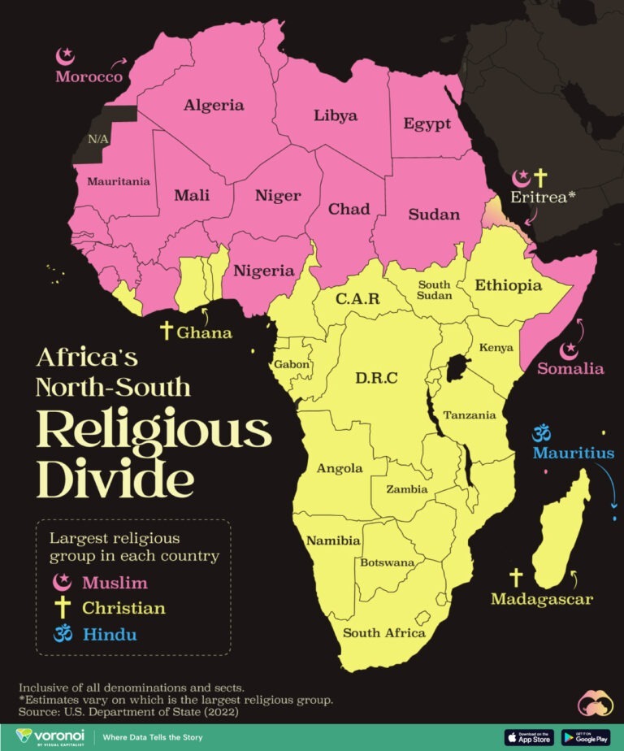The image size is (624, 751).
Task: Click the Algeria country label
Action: coord(214,105)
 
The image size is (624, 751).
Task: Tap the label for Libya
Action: coord(335,115)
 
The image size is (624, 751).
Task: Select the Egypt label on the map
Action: coord(427,124)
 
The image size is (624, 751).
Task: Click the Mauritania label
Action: coord(119,181)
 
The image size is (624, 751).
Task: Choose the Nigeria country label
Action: coord(263,271)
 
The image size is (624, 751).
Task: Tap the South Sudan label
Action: coord(434,289)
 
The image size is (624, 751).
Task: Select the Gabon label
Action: coord(292,364)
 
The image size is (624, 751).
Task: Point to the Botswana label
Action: coord(388,562)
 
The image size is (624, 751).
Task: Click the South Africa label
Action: coord(383,632)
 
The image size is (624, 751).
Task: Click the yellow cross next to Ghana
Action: coord(167,330)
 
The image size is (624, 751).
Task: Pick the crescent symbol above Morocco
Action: coord(65,57)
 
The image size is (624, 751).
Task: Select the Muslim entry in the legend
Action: coord(114,582)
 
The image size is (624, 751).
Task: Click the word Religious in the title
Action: coord(154,431)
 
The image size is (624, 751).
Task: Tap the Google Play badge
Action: coord(585,737)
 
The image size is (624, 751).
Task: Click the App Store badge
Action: coord(529,737)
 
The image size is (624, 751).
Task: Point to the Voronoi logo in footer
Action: coord(50,736)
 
